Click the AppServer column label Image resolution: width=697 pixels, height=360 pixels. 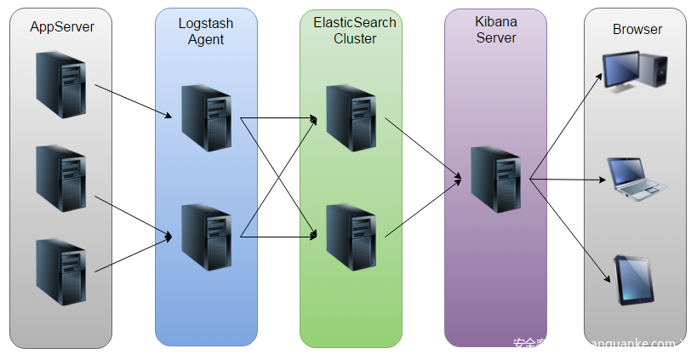pos(62,26)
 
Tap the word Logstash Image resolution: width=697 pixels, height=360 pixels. pos(206,23)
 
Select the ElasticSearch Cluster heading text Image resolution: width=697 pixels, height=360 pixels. pos(354,31)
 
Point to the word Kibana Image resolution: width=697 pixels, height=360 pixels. pos(496,21)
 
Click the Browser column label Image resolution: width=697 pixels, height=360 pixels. pos(637,29)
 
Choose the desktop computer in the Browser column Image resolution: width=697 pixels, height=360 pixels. pos(634,71)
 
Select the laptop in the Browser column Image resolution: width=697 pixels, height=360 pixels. pos(637,178)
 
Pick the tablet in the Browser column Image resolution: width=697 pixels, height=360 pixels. pos(635,282)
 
